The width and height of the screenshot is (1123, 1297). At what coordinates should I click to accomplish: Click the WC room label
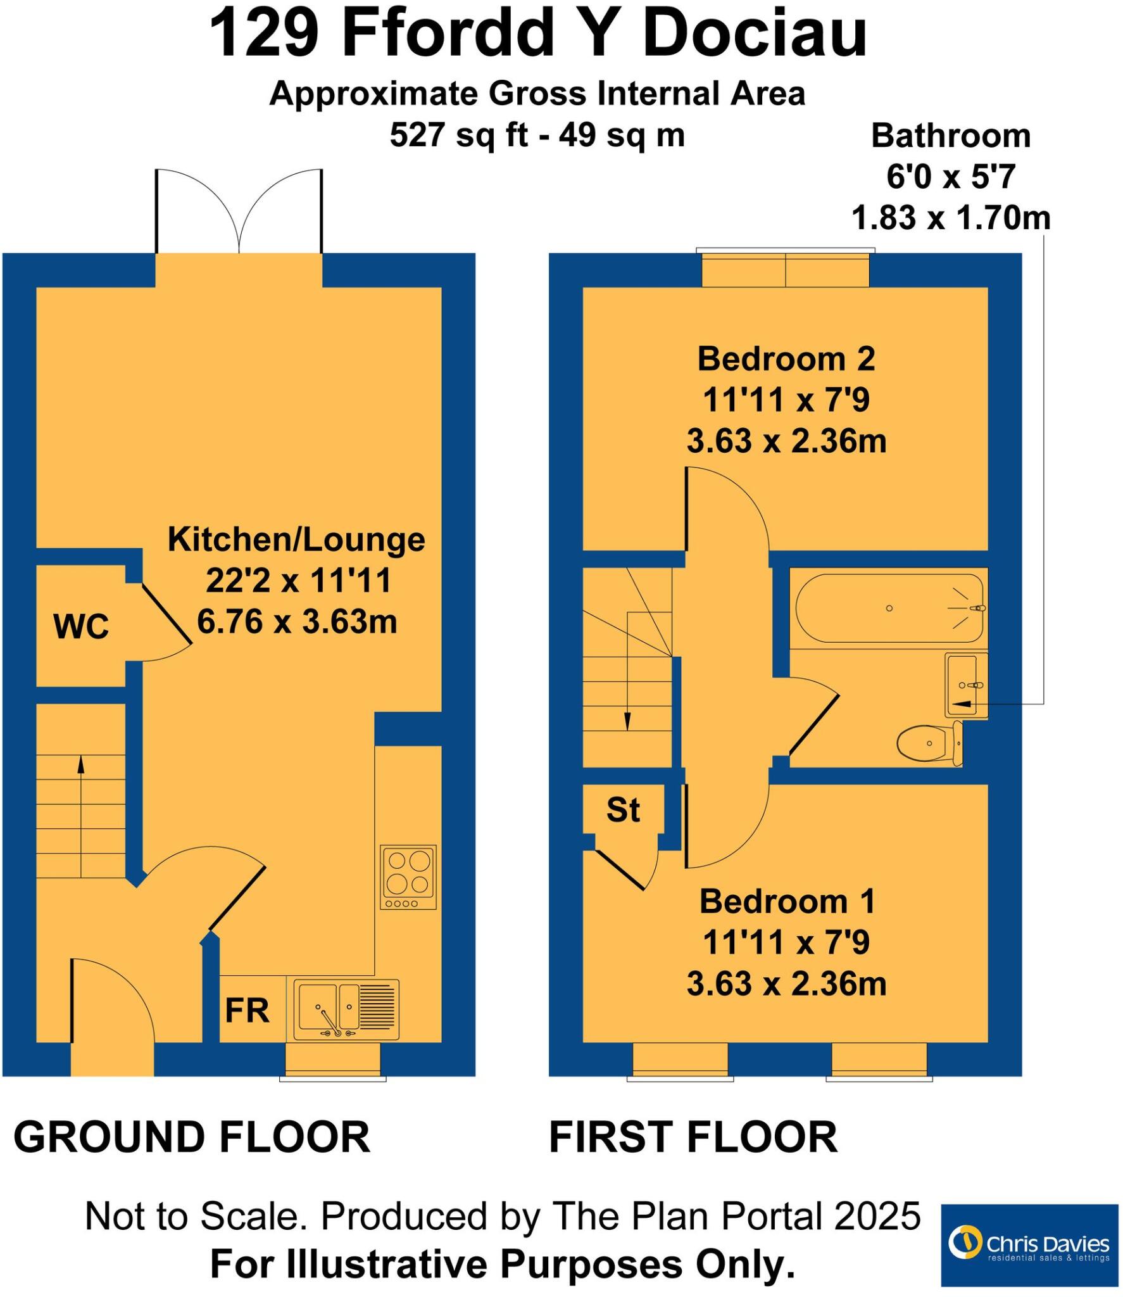click(x=81, y=628)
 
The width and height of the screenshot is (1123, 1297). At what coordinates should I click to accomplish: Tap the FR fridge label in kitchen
click(x=247, y=1010)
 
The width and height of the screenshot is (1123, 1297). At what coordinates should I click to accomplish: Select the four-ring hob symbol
click(x=408, y=876)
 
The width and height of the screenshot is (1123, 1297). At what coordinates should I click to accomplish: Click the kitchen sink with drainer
click(x=346, y=1009)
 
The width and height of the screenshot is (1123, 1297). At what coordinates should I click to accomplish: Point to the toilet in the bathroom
click(x=929, y=743)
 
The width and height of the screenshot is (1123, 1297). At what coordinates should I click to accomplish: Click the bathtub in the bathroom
click(x=889, y=608)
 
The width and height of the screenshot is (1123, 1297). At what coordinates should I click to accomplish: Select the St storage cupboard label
click(x=623, y=810)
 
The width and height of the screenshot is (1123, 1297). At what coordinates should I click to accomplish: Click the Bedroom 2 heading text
click(x=786, y=359)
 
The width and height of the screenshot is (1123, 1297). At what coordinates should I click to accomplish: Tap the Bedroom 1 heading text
click(x=787, y=901)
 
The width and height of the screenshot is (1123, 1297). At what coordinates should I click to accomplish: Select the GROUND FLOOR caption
click(x=192, y=1137)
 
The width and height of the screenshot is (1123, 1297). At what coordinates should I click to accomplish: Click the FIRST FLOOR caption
click(x=693, y=1137)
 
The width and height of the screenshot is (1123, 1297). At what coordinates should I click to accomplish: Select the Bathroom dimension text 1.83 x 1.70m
click(x=951, y=218)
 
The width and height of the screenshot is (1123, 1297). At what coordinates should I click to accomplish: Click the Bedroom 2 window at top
click(x=786, y=269)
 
